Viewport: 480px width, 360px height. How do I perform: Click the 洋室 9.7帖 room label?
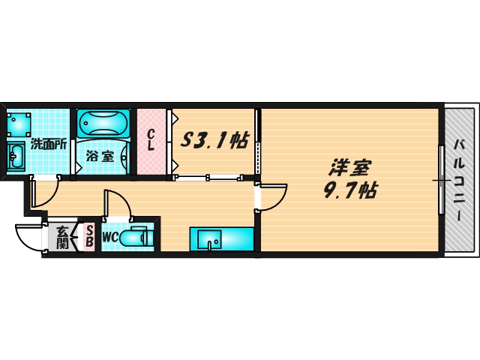[x=350, y=178]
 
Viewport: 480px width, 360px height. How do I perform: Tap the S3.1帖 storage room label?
[x=214, y=140]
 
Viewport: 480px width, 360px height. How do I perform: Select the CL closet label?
[x=150, y=140]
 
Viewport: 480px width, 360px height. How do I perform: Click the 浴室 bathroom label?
[x=100, y=157]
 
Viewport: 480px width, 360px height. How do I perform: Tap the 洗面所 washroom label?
[x=48, y=144]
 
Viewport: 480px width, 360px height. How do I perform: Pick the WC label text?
[x=110, y=237]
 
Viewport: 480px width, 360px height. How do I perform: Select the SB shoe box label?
[x=89, y=236]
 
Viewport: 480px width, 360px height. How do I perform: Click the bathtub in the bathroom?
[x=103, y=123]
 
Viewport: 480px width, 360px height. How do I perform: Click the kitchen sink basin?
[x=209, y=239]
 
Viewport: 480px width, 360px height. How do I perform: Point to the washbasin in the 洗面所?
[x=15, y=156]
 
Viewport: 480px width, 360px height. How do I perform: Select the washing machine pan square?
[x=19, y=124]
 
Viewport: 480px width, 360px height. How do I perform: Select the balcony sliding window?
[x=441, y=180]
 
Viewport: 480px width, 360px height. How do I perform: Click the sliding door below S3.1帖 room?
[x=208, y=177]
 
